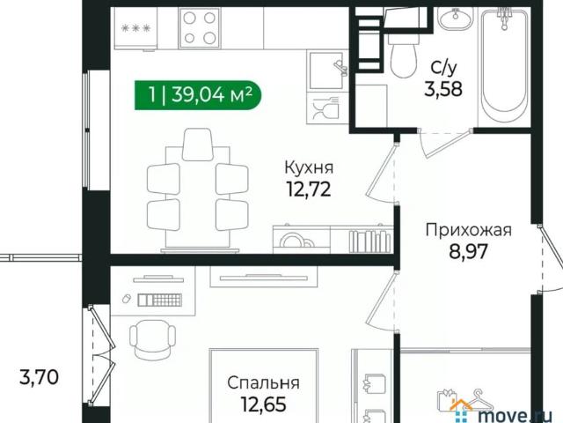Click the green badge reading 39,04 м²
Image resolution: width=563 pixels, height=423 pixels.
199,95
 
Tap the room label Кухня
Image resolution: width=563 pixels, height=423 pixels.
308,167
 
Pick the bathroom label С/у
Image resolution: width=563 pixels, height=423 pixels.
442,66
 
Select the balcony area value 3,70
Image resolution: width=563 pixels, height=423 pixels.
39,379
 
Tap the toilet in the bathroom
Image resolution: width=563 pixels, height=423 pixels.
403,53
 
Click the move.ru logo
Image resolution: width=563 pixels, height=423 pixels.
506,407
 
